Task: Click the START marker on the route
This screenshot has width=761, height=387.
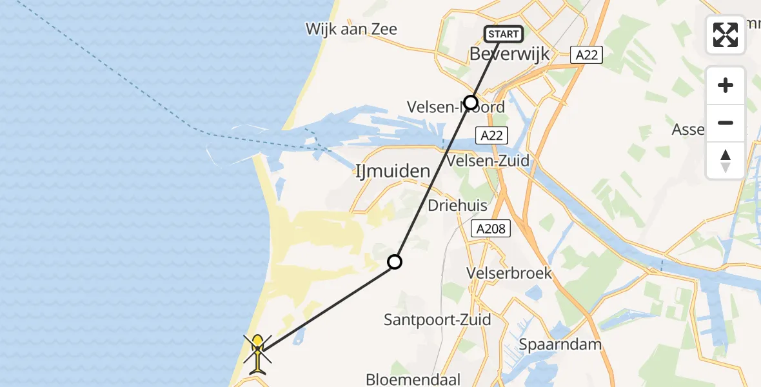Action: click(x=503, y=34)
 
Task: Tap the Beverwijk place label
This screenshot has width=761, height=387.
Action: click(x=509, y=54)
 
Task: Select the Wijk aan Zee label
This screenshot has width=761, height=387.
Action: click(x=351, y=29)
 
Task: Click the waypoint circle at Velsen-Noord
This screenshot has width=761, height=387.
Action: click(x=471, y=103)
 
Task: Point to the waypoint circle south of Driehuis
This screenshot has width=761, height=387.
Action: click(x=395, y=262)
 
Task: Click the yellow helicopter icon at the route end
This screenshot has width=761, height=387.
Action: click(x=258, y=352)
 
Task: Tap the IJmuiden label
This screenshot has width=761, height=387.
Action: click(x=392, y=172)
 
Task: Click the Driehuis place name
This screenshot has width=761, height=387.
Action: click(x=458, y=205)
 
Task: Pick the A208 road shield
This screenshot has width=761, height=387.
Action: click(x=491, y=228)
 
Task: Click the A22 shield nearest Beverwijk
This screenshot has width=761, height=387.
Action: click(x=586, y=55)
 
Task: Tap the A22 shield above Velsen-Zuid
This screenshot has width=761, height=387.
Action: click(x=492, y=135)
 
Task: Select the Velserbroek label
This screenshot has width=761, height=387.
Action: click(x=509, y=273)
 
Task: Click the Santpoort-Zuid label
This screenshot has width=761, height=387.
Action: click(x=437, y=319)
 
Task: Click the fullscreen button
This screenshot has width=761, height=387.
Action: click(x=726, y=35)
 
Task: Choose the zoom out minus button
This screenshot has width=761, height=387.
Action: click(x=726, y=123)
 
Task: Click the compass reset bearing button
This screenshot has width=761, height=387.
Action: click(x=726, y=161)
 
